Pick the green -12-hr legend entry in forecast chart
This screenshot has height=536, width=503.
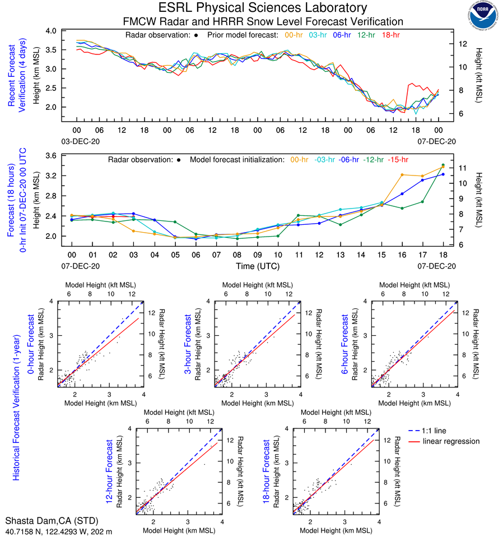coord(374,160)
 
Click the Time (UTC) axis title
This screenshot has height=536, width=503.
coord(258,266)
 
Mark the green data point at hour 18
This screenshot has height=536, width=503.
coord(443,165)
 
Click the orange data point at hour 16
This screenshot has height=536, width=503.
coord(402,175)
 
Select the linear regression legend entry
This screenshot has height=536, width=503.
coord(451,441)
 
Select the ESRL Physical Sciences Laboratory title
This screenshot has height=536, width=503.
coord(263,8)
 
